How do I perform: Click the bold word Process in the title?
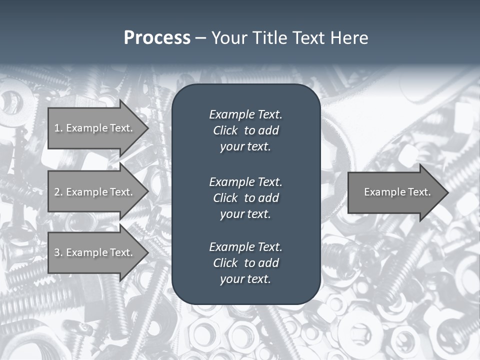(x=157, y=38)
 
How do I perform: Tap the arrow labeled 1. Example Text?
(x=95, y=128)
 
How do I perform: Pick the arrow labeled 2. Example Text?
(x=95, y=192)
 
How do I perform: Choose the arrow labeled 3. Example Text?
(x=95, y=252)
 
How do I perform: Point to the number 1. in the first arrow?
(x=58, y=128)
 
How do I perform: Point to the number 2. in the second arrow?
(x=58, y=192)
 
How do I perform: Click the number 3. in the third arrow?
(x=58, y=252)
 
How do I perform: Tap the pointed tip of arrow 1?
(x=146, y=128)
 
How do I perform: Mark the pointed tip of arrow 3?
(x=146, y=252)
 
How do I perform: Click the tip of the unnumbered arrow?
(x=446, y=192)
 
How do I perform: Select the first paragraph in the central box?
(x=245, y=130)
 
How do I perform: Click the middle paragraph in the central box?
(x=245, y=198)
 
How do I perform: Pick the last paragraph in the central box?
(x=245, y=263)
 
